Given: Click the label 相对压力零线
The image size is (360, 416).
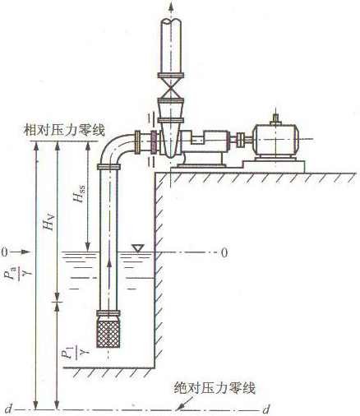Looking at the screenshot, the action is (64, 130).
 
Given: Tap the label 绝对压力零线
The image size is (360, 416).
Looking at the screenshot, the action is (215, 388).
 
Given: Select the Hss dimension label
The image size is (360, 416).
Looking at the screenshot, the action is (79, 194).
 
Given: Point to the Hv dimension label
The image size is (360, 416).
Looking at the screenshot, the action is (48, 222).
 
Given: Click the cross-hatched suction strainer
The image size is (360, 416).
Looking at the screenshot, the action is (108, 332).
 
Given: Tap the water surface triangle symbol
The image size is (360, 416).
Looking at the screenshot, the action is (138, 248).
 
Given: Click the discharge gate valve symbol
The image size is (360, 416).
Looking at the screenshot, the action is (171, 88).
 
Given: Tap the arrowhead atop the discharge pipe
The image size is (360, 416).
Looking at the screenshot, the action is (171, 7).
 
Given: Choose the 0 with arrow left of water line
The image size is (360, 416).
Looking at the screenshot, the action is (16, 252).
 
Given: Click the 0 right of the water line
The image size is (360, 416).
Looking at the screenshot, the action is (224, 252).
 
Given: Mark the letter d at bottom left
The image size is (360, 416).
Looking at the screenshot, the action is (9, 409).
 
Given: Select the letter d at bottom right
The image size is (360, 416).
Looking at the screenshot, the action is (265, 409).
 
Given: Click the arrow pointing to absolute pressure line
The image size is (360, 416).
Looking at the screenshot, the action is (183, 403).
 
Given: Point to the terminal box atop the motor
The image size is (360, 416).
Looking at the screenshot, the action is (275, 120).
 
